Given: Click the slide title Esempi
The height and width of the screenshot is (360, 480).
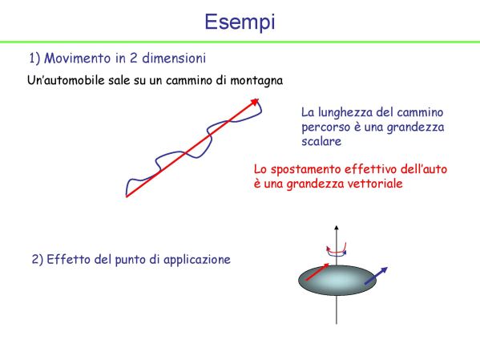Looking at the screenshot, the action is point(240,22).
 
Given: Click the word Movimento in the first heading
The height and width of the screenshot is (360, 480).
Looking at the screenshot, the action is point(78,59).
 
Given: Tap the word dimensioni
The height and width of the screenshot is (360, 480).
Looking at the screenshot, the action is point(174,59).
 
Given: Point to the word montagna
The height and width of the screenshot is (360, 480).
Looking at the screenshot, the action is point(256,81).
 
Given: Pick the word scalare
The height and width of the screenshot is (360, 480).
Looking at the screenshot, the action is point(321,141).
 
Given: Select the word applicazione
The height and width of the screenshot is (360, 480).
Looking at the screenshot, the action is point(197,260).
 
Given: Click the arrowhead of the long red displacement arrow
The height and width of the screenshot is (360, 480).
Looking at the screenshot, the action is point(256,102).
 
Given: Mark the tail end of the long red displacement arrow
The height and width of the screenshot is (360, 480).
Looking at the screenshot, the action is point(127,196).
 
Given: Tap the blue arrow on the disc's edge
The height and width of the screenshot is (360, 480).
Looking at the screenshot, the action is point(376,276).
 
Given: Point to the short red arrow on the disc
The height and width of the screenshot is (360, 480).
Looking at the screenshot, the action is point(317,272).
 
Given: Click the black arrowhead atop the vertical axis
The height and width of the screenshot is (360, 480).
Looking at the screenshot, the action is point(337,228).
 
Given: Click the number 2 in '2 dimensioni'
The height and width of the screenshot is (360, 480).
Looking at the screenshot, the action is point(133,59).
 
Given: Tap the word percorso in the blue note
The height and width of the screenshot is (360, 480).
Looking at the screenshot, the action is point(325,127).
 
